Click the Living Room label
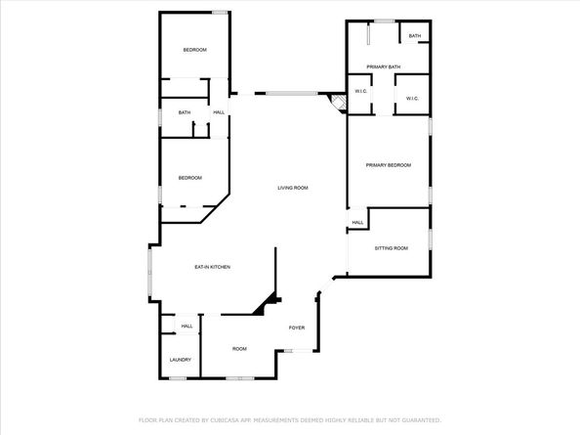coord(293,188)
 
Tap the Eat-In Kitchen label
coord(212,267)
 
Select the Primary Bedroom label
coord(389,165)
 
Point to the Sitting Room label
coord(392,248)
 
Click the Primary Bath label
coord(383,67)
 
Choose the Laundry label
coord(180,360)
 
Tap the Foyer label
coord(297,327)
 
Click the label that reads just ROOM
coord(239,349)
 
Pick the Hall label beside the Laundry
coord(186,326)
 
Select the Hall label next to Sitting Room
coord(357,223)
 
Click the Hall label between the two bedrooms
coord(219,112)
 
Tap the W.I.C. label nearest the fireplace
coord(360,91)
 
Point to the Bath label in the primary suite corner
coord(415,36)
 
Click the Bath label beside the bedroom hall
coord(185,112)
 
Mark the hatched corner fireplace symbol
coord(337,103)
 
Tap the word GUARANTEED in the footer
coord(421,420)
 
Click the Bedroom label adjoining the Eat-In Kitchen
coord(190,178)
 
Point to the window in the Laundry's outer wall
coord(178,378)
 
